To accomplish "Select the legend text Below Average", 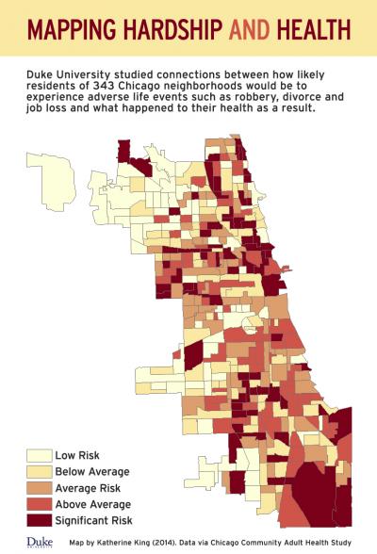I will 92,472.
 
